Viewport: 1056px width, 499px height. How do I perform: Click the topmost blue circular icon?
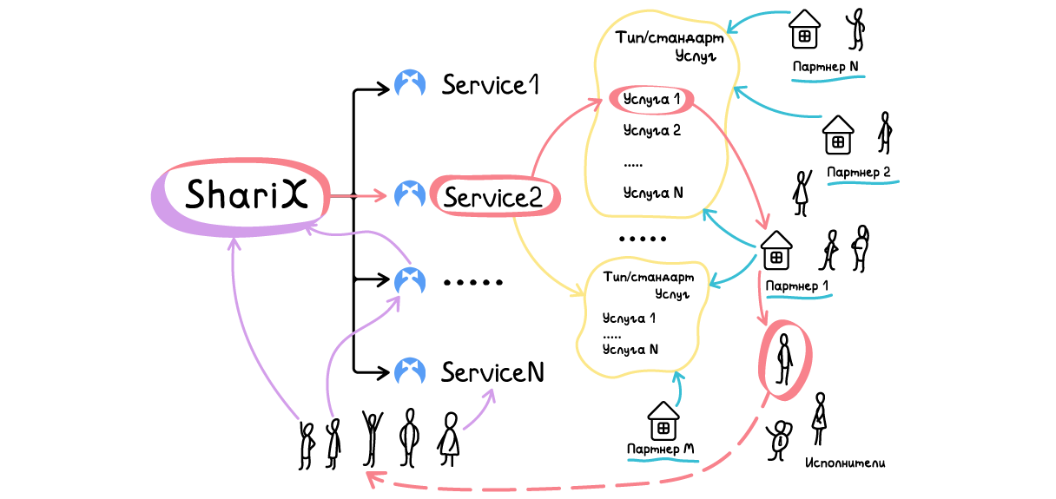click(410, 85)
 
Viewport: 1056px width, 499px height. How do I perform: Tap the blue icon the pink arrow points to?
click(410, 196)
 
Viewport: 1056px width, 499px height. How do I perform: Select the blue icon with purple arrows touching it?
click(410, 282)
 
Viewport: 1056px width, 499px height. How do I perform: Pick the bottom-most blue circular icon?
click(410, 372)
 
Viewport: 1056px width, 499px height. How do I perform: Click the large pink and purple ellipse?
click(241, 197)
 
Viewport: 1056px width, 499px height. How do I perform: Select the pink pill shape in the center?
click(495, 195)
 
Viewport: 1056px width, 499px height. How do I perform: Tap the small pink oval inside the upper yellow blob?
click(651, 100)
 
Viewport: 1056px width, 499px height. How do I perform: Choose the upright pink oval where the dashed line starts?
click(785, 360)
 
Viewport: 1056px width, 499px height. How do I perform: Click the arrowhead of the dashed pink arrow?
click(372, 477)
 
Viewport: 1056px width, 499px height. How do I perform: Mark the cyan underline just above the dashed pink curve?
click(663, 460)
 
